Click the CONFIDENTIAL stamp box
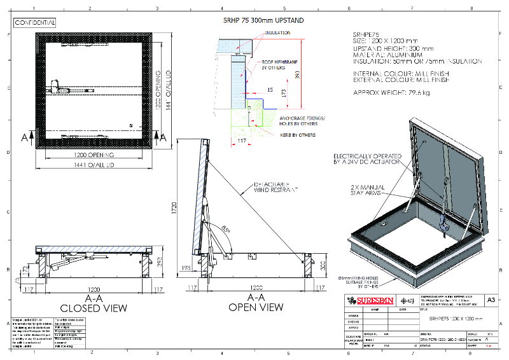tap(36, 23)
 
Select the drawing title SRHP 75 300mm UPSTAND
tap(263, 20)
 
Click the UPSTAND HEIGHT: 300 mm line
tap(393, 48)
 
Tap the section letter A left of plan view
tap(24, 137)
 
